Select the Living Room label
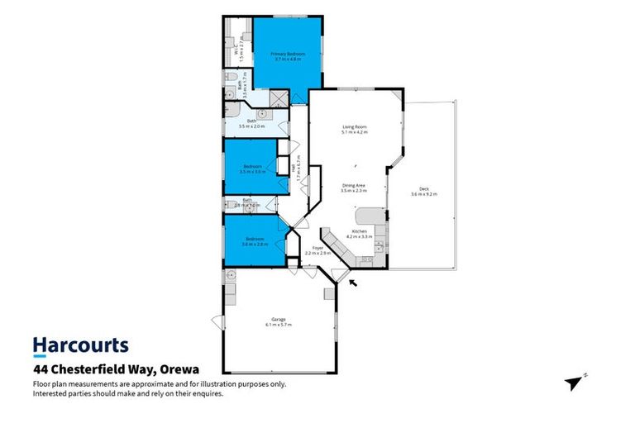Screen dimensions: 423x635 pyautogui.click(x=355, y=128)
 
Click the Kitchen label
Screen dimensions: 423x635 pyautogui.click(x=360, y=231)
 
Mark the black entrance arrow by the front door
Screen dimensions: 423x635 pyautogui.click(x=354, y=284)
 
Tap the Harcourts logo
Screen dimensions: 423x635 pyautogui.click(x=80, y=345)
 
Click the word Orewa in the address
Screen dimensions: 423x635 pyautogui.click(x=180, y=369)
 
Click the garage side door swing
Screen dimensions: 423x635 pyautogui.click(x=217, y=321)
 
